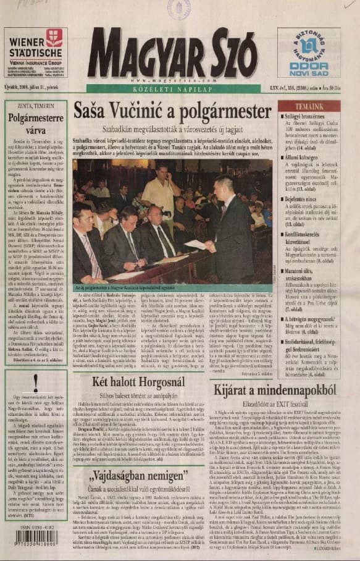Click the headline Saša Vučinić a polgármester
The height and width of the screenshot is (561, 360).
click(x=172, y=111)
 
